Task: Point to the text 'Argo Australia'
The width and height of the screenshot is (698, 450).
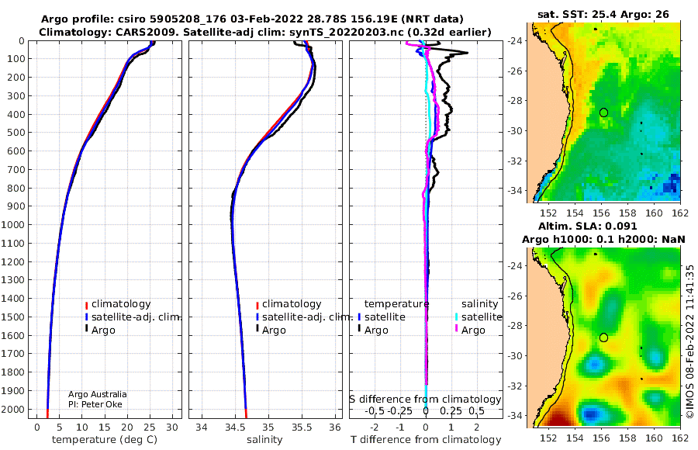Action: [97, 394]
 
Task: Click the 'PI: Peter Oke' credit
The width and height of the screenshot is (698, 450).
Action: [95, 404]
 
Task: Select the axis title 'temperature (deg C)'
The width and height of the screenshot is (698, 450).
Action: [105, 440]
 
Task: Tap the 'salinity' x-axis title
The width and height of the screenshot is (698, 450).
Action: [264, 440]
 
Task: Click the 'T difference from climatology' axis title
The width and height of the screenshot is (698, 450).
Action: [426, 440]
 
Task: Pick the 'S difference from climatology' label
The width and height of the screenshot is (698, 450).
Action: [425, 400]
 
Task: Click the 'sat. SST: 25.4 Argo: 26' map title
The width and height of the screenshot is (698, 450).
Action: [603, 14]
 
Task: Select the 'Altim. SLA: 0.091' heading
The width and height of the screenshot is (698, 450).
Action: [588, 227]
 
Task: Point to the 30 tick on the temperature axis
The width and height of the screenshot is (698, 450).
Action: [172, 427]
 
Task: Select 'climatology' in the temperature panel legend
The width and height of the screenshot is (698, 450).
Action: [121, 304]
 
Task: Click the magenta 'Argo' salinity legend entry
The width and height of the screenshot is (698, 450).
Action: [473, 331]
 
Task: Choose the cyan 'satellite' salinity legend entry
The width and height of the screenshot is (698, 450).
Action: [481, 317]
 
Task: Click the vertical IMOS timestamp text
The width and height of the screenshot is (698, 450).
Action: [689, 342]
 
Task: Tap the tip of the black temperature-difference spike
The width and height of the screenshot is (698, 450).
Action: [468, 53]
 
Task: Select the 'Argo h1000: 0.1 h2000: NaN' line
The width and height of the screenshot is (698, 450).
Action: [603, 240]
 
